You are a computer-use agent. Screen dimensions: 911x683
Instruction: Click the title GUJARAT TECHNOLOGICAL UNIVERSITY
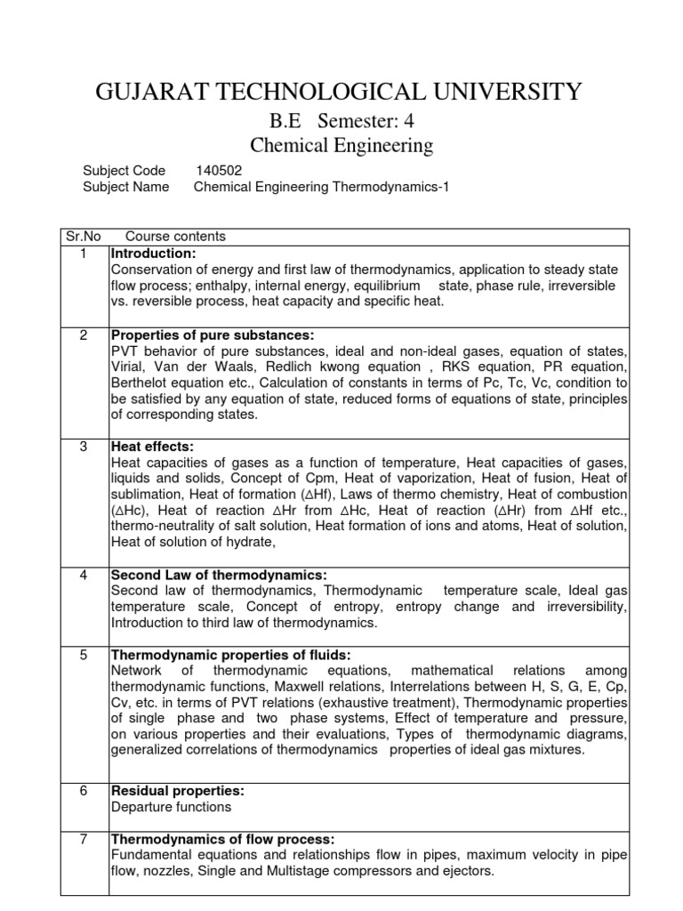click(339, 91)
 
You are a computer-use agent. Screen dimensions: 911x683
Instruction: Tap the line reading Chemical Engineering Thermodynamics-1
click(316, 187)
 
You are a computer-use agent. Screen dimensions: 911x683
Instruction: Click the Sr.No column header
click(84, 237)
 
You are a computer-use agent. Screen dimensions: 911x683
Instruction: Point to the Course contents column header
click(175, 237)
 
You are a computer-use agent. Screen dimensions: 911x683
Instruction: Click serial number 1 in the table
click(84, 254)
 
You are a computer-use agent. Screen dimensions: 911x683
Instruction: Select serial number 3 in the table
click(84, 447)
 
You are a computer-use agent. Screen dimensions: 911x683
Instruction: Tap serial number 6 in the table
click(84, 791)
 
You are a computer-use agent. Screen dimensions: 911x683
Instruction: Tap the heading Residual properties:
click(177, 791)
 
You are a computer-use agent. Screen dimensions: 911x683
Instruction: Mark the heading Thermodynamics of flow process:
click(222, 839)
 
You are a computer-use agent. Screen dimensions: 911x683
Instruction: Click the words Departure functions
click(171, 807)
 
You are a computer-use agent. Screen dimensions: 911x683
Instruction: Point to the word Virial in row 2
click(128, 367)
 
